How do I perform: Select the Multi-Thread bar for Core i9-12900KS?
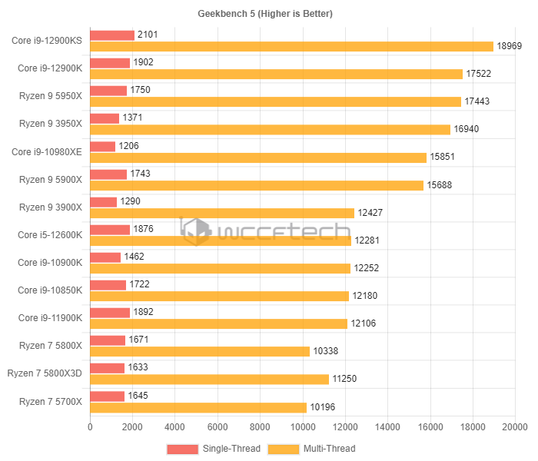tap(291, 46)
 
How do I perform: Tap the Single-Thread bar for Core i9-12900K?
tap(110, 63)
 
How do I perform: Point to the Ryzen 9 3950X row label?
tap(50, 123)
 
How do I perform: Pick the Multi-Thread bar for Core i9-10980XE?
tap(258, 157)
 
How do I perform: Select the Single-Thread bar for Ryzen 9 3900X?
tap(104, 201)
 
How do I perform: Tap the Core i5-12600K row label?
tap(47, 234)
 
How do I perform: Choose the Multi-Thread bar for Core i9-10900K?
tap(221, 268)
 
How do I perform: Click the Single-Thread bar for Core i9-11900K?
tap(110, 313)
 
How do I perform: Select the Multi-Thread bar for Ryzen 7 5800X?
tap(200, 351)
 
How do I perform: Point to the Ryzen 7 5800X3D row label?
tap(45, 373)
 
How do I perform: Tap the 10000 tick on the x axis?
tap(302, 427)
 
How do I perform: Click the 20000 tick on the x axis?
tap(514, 427)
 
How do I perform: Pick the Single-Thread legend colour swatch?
tap(182, 449)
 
